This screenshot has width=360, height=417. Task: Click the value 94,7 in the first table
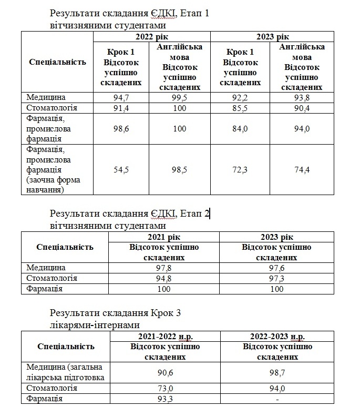pyautogui.click(x=121, y=98)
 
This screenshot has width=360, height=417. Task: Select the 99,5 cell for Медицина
pyautogui.click(x=180, y=98)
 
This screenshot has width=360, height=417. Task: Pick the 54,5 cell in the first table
pyautogui.click(x=121, y=170)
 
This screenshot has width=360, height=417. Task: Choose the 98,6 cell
pyautogui.click(x=121, y=129)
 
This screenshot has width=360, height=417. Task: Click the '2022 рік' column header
pyautogui.click(x=151, y=36)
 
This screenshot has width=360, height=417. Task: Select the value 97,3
pyautogui.click(x=276, y=278)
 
